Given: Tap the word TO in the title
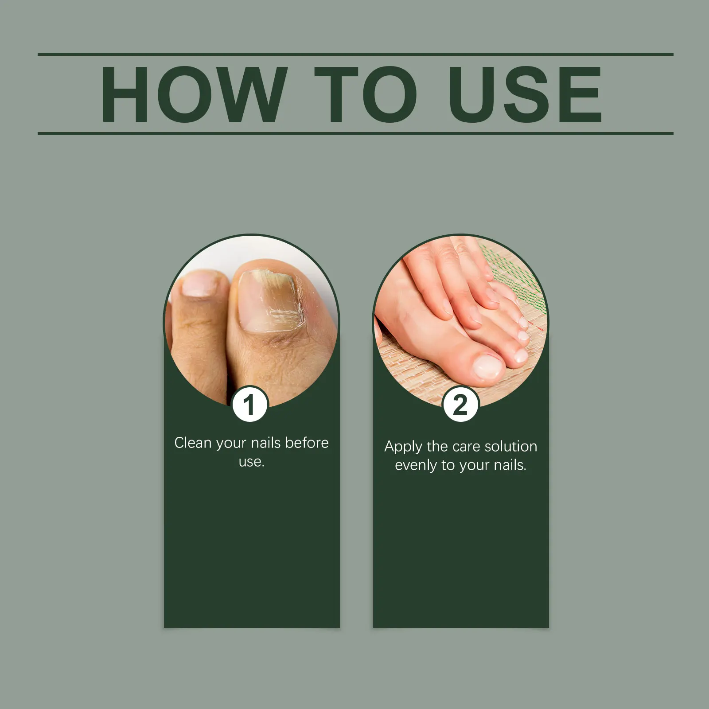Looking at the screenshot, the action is click(x=366, y=94).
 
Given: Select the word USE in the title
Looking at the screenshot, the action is click(x=525, y=94).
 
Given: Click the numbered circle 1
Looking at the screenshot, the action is click(x=250, y=405).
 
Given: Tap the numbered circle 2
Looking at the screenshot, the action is click(x=460, y=405).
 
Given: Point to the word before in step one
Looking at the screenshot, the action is click(x=307, y=442).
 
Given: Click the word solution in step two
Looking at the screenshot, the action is click(x=510, y=446).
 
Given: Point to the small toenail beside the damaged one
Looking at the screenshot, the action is click(x=200, y=284).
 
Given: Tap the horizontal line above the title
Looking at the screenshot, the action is click(x=355, y=55).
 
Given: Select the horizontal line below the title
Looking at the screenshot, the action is click(x=355, y=133).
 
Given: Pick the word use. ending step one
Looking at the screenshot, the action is click(x=251, y=462).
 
